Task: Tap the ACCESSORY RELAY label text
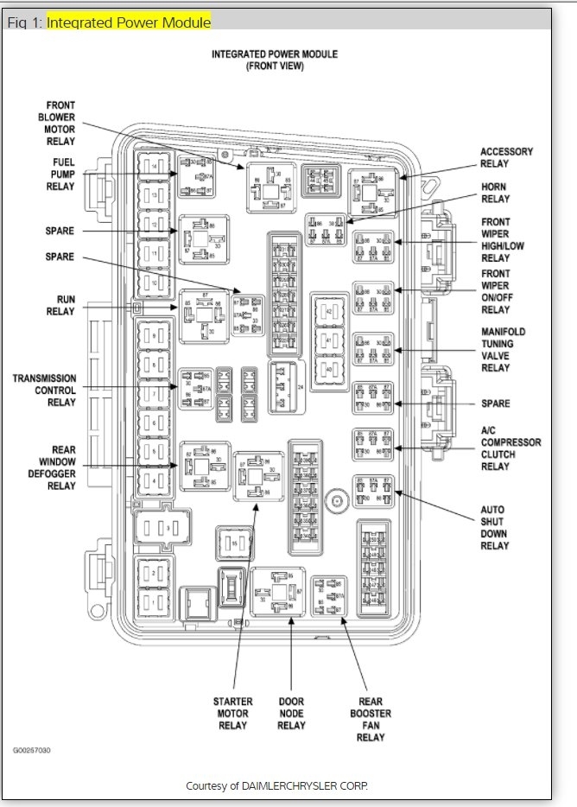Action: (x=506, y=157)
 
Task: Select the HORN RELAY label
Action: (x=495, y=193)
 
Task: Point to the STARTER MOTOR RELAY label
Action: (x=233, y=713)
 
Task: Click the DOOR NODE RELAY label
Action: (x=291, y=713)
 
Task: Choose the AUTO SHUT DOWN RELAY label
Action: (x=495, y=527)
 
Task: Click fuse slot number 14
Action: (x=155, y=166)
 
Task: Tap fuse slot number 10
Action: (x=155, y=282)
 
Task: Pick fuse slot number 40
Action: (x=328, y=369)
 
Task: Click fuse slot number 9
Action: (x=155, y=334)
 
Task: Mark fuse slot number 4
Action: (x=155, y=478)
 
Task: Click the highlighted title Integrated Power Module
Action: (x=129, y=22)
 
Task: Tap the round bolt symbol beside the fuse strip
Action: (x=337, y=498)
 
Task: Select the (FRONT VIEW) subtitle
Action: (x=275, y=66)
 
